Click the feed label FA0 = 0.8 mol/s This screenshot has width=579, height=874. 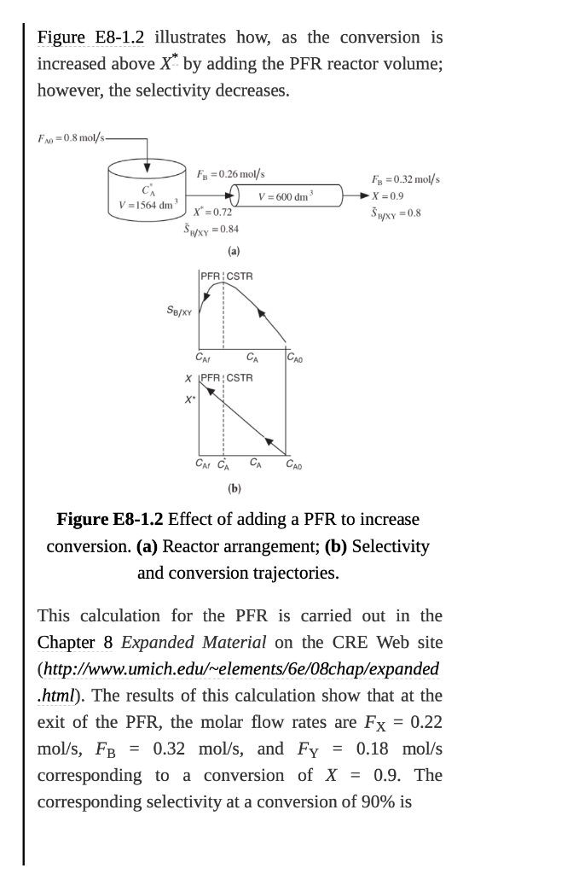(72, 139)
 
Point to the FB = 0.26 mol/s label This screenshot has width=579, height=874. (231, 173)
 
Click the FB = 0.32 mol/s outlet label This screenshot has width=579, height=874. (405, 180)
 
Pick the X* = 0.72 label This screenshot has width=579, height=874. (214, 212)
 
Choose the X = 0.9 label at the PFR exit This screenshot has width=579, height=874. (388, 195)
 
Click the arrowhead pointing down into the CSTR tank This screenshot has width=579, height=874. (148, 166)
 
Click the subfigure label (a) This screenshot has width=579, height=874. (234, 251)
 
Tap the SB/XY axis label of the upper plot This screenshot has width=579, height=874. (177, 312)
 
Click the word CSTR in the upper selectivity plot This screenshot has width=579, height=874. (239, 277)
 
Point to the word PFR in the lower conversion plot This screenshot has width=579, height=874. (209, 377)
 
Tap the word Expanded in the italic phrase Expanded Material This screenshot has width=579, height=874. (154, 642)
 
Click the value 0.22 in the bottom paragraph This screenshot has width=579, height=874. (426, 722)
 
